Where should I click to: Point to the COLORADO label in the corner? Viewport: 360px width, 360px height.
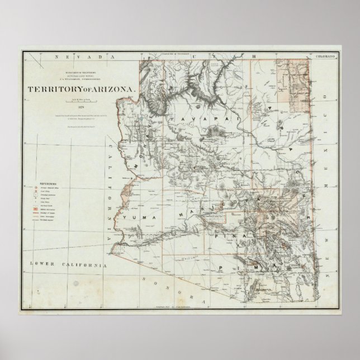pos(325,57)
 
